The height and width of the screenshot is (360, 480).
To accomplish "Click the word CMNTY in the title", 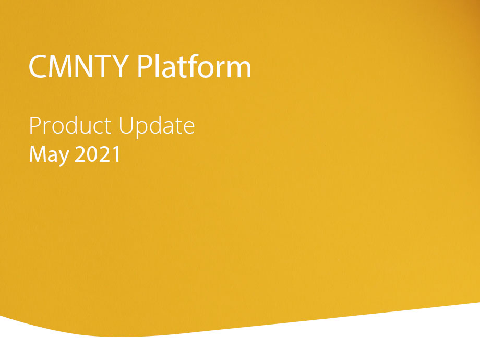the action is click(79, 66).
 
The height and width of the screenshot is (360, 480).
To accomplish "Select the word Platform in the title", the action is click(194, 66).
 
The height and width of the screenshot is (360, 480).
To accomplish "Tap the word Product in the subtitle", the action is click(70, 126).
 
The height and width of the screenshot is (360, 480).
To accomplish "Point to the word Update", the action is click(157, 127).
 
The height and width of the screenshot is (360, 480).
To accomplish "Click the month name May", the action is click(49, 155).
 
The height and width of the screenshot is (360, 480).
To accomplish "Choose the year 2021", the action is click(98, 154).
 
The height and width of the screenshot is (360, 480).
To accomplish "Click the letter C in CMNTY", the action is click(38, 66).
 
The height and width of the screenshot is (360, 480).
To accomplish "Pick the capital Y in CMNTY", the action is click(120, 66).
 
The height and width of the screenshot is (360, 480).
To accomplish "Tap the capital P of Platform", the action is click(145, 66).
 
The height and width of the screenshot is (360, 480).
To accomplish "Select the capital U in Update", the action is click(126, 126).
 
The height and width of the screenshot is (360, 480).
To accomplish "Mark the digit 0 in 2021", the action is click(92, 154).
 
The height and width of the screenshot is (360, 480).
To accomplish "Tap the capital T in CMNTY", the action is click(102, 66).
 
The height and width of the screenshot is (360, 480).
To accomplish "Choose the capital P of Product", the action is click(34, 125).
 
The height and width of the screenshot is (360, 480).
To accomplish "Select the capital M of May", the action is click(38, 154).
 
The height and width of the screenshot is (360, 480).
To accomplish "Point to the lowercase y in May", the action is click(64, 158).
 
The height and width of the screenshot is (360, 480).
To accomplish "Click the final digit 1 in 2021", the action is click(117, 154).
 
